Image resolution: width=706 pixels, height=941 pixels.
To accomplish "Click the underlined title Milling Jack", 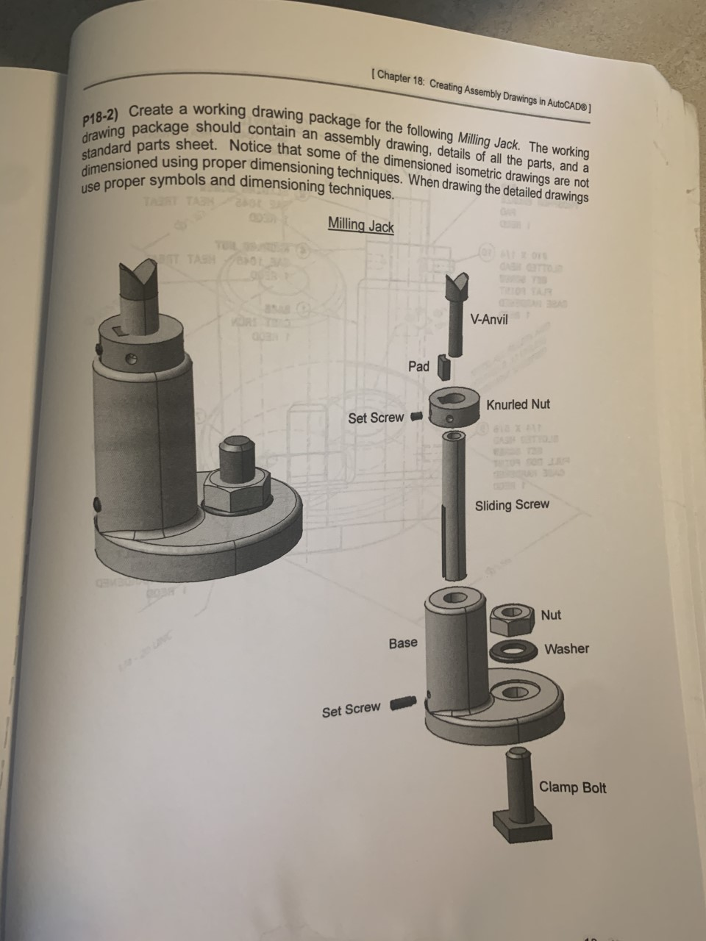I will tap(360, 226).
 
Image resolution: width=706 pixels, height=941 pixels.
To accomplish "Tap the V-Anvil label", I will tap(488, 320).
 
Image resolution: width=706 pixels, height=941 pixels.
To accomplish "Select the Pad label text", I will tap(418, 366).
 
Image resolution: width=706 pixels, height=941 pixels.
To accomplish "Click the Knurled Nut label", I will tap(518, 404).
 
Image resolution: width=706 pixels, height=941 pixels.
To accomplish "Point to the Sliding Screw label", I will tap(512, 505).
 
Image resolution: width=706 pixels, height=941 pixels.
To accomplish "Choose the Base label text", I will tap(403, 643).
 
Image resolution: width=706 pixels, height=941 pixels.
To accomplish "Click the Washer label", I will tap(566, 648).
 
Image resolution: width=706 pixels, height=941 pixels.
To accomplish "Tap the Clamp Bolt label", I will tap(573, 787).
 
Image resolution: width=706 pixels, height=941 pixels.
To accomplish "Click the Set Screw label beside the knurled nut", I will tap(376, 418).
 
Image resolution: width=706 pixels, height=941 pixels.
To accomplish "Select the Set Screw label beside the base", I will tap(351, 710).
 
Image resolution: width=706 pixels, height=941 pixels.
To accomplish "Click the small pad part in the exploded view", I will tap(443, 365).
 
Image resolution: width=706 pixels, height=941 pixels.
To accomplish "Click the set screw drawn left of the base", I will tap(402, 704).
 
